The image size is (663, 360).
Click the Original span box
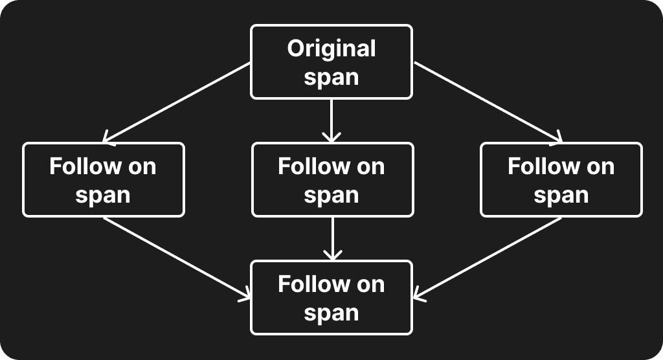pyautogui.click(x=331, y=62)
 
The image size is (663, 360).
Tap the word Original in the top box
pyautogui.click(x=331, y=49)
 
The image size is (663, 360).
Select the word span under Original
pyautogui.click(x=331, y=77)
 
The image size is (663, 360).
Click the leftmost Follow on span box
pyautogui.click(x=104, y=179)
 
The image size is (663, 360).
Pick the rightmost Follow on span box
pyautogui.click(x=561, y=179)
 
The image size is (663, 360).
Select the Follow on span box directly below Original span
pyautogui.click(x=332, y=179)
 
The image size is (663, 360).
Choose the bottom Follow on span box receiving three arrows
pyautogui.click(x=331, y=297)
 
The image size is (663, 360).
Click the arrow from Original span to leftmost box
pyautogui.click(x=176, y=102)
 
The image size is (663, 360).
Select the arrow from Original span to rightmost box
pyautogui.click(x=488, y=102)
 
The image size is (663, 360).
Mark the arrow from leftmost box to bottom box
pyautogui.click(x=176, y=258)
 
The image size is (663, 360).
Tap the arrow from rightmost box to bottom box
pyautogui.click(x=488, y=258)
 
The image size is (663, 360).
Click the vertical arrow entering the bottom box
pyautogui.click(x=332, y=238)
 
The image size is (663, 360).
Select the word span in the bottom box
pyautogui.click(x=331, y=313)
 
